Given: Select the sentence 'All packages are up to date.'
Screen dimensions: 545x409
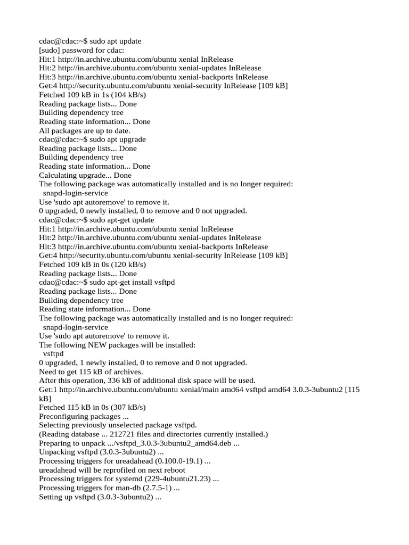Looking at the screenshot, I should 85,130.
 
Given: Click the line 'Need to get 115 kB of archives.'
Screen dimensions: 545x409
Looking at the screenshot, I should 91,371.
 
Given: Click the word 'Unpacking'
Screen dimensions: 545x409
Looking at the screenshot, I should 55,452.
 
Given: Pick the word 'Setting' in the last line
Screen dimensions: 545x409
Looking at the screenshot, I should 51,497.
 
